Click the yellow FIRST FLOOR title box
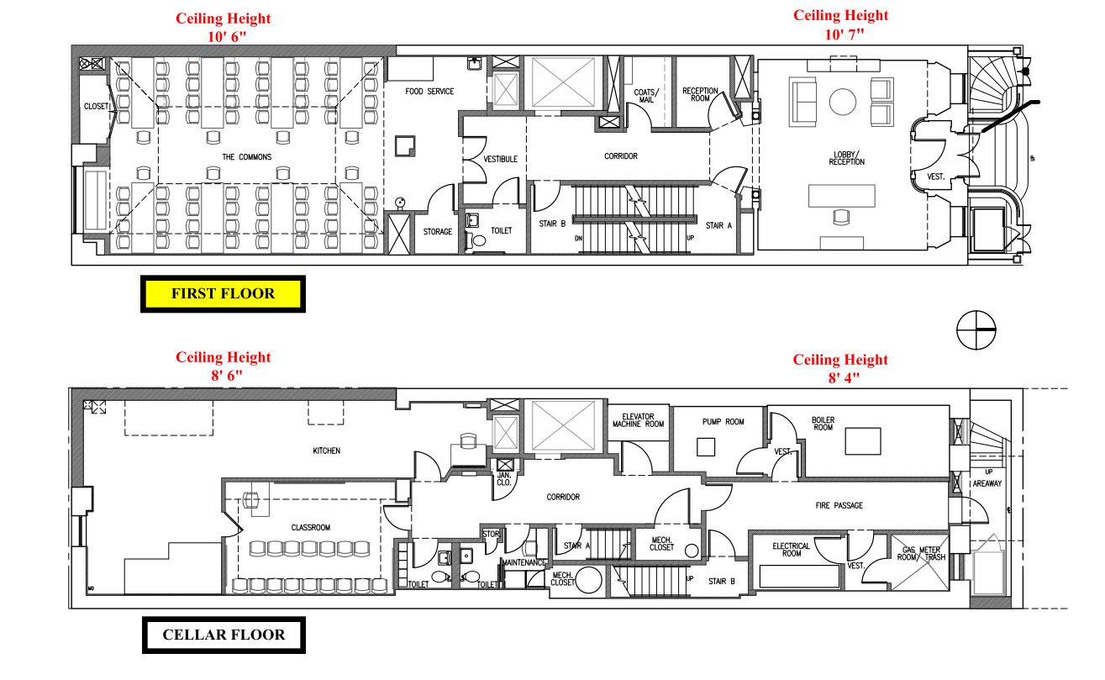223,294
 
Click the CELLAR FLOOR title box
223,635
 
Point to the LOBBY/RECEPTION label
846,158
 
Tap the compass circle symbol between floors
976,329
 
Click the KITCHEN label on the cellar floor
326,451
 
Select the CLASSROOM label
310,528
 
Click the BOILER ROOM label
823,423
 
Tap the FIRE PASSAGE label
839,505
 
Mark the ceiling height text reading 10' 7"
840,24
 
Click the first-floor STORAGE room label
437,232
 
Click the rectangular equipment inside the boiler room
864,440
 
